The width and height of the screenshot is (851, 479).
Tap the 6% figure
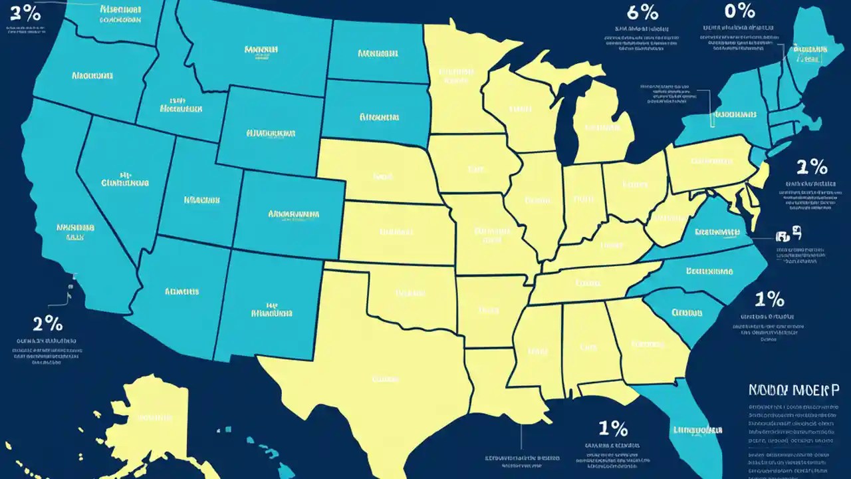pos(643,13)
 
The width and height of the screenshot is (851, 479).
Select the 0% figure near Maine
pos(739,11)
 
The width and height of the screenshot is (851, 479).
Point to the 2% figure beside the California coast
pos(48,324)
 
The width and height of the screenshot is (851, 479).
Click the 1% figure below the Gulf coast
pos(613,426)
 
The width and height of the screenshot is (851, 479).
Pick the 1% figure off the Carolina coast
pos(769,299)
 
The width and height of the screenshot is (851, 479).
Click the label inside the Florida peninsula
pos(697,429)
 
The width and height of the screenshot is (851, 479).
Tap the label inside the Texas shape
pos(385,379)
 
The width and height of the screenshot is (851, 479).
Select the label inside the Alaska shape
pos(155,418)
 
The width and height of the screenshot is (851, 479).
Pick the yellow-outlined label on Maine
pos(806,49)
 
